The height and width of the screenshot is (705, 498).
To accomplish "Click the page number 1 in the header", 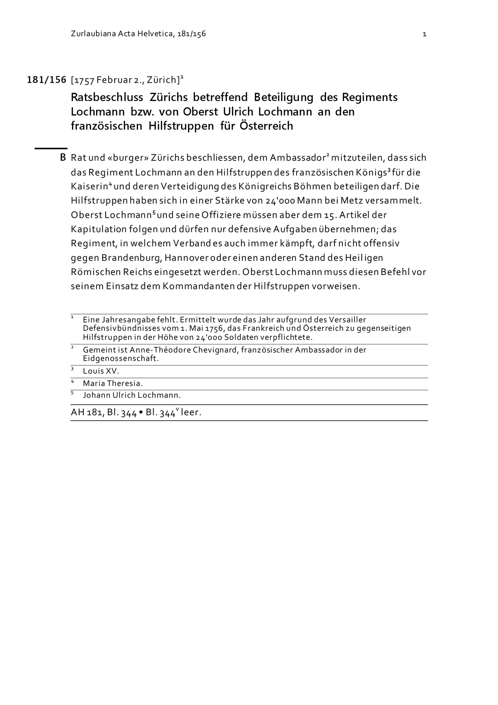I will tap(424, 34).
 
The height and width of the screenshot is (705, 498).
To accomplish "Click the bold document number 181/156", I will tap(47, 80).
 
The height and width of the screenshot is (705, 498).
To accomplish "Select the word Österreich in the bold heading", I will tap(266, 126).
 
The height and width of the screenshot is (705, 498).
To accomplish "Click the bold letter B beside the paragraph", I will tap(63, 158).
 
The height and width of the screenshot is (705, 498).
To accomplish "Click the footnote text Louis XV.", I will tap(101, 371).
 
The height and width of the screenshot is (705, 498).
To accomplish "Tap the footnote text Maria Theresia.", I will tap(113, 383).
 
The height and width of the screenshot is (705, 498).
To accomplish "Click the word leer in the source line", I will tap(191, 412).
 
